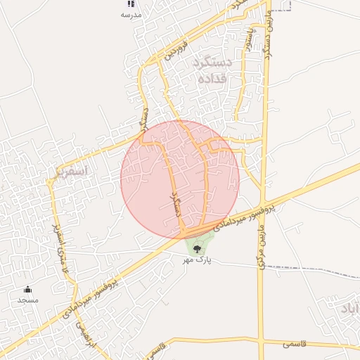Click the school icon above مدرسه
[131, 4]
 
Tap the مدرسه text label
[131, 15]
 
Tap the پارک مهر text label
[198, 260]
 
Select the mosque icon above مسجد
[28, 289]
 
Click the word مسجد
[28, 300]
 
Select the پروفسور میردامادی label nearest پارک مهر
[247, 216]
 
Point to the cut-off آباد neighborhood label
[350, 309]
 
